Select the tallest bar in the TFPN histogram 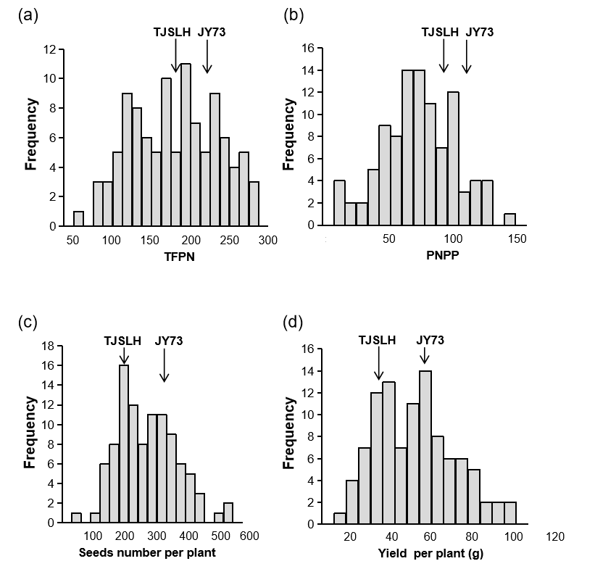tap(186, 145)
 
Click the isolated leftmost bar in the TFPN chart tap(78, 218)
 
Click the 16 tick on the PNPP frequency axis tap(307, 49)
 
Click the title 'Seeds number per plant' tap(148, 555)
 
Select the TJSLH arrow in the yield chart tap(378, 363)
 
